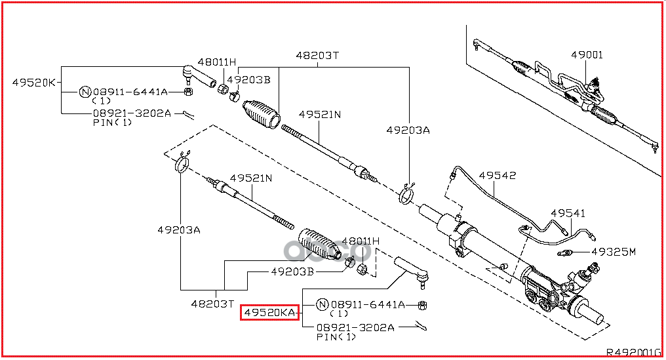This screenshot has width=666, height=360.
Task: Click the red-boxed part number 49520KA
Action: [x=270, y=313]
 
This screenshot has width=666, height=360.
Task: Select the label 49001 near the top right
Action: [x=586, y=55]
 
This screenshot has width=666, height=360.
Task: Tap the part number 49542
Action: [x=497, y=176]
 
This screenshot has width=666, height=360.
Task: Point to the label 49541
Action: [x=568, y=213]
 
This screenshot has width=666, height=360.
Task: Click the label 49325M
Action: [x=614, y=251]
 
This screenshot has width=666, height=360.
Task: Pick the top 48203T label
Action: [x=317, y=56]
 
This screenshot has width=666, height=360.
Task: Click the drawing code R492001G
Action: [x=633, y=351]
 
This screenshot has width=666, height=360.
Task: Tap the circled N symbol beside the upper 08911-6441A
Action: [x=85, y=92]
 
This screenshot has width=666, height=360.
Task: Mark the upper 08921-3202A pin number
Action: [x=132, y=113]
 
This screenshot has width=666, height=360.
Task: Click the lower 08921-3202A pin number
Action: [x=355, y=327]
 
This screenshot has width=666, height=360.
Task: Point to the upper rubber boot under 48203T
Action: [x=262, y=113]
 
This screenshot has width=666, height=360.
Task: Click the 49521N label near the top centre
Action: [x=320, y=114]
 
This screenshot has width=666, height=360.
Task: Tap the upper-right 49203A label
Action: [x=408, y=130]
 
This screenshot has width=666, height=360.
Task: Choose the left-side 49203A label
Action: [x=178, y=230]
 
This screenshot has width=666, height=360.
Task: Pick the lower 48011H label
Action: [x=361, y=241]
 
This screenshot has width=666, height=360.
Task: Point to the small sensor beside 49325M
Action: [x=566, y=253]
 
